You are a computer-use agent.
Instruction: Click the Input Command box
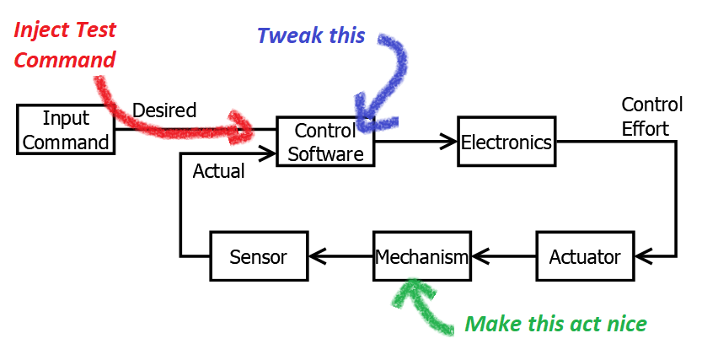point(66,130)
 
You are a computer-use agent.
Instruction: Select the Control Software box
point(325,142)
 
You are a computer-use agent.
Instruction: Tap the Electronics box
point(506,142)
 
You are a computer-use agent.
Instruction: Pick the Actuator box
point(585,256)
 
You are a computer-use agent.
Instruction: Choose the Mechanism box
point(421,256)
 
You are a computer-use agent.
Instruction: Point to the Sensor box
point(259,256)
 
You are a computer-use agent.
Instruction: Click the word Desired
point(164,110)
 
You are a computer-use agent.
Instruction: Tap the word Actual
point(218,171)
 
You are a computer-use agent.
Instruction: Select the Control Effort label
point(652,117)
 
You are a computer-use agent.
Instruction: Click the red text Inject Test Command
point(65,45)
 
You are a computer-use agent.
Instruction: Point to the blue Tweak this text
point(311,35)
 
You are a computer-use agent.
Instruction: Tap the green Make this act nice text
point(556,324)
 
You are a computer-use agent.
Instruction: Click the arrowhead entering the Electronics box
point(450,142)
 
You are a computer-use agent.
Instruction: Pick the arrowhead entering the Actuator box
point(643,256)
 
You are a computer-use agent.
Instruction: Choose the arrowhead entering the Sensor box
point(318,256)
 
